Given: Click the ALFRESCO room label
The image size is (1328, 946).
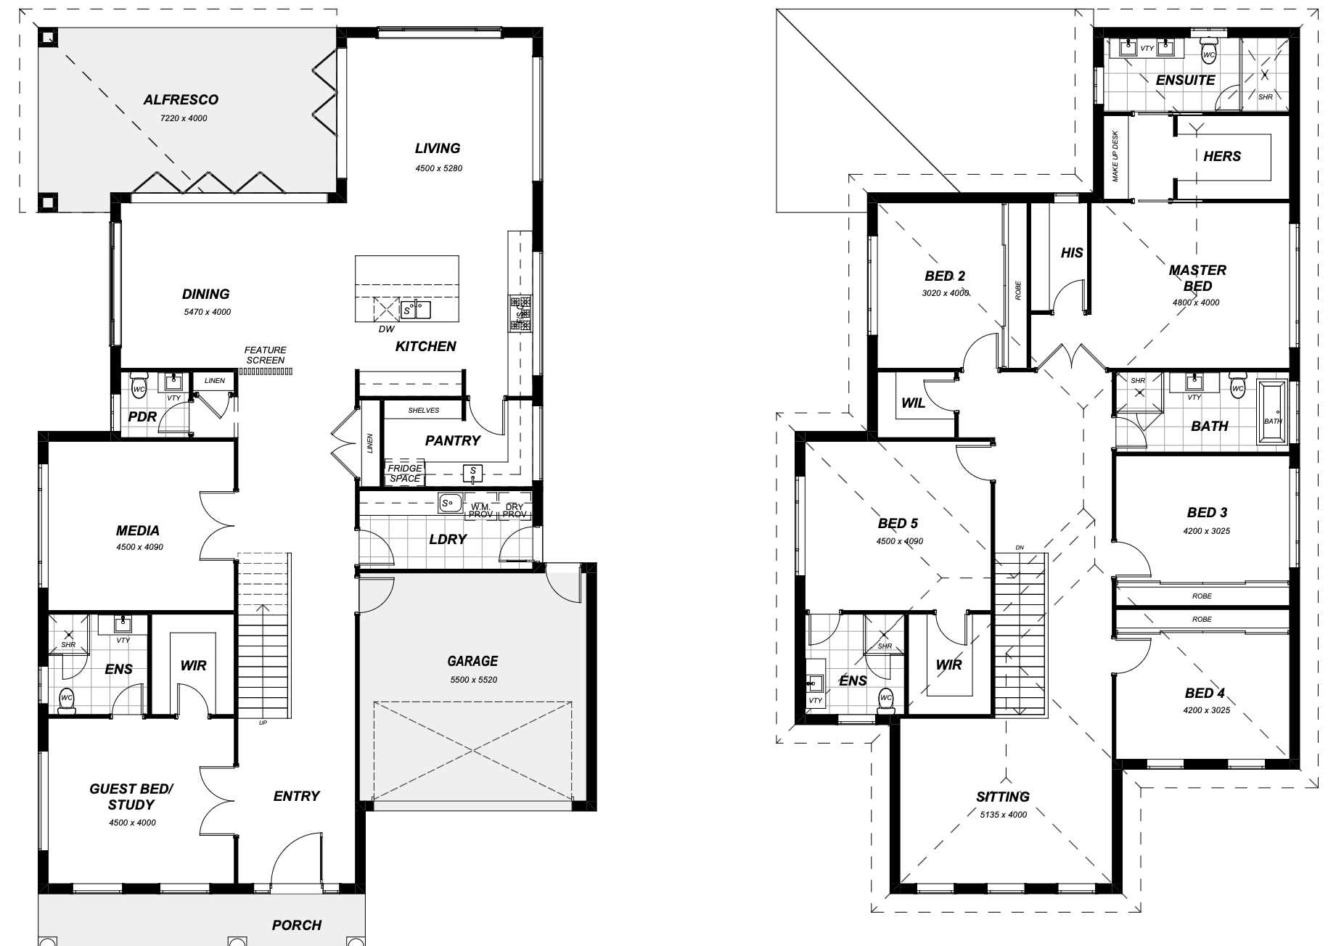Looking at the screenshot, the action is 181,99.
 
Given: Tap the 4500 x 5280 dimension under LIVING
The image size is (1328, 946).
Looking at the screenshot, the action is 438,168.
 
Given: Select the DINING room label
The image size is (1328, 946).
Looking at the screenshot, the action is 205,294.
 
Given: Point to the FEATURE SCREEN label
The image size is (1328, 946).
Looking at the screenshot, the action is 265,355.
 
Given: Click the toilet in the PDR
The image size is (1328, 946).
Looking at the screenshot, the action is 139,385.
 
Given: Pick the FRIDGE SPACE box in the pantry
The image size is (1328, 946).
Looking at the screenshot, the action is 404,473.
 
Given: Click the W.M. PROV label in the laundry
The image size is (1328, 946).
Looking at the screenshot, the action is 480,511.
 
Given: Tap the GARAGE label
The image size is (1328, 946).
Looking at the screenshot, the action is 472,661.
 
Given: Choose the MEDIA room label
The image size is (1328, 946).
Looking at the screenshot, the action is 138,531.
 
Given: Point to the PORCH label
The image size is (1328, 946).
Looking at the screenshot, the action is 297,925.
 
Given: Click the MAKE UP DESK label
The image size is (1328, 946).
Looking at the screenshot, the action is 1115,157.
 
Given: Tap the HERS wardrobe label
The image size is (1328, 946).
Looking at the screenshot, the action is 1222,156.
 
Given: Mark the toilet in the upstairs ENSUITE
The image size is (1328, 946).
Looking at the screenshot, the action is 1209,49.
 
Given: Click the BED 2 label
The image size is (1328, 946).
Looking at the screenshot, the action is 945,276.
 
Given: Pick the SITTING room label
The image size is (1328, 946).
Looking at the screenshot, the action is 1003,797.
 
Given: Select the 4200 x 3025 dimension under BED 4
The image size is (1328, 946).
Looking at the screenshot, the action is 1206,710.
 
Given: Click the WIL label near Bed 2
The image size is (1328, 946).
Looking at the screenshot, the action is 913,403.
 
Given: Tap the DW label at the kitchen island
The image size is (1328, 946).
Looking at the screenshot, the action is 386,329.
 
